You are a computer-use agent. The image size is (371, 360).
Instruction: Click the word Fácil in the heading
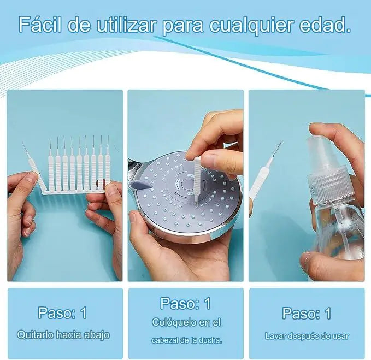[40, 25]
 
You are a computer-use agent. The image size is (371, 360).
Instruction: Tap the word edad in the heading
[325, 25]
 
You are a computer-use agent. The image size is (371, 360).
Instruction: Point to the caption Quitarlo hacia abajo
[63, 335]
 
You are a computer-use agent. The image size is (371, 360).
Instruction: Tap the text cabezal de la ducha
[187, 340]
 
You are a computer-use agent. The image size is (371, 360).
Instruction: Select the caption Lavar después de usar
[307, 336]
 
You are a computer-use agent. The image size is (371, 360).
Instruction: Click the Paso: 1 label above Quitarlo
[62, 312]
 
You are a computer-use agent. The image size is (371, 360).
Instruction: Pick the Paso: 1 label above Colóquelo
[186, 303]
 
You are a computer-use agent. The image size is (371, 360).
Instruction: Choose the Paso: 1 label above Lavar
[307, 313]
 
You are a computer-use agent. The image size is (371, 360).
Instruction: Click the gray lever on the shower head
[140, 185]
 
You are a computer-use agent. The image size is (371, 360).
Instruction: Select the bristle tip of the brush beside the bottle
[278, 148]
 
